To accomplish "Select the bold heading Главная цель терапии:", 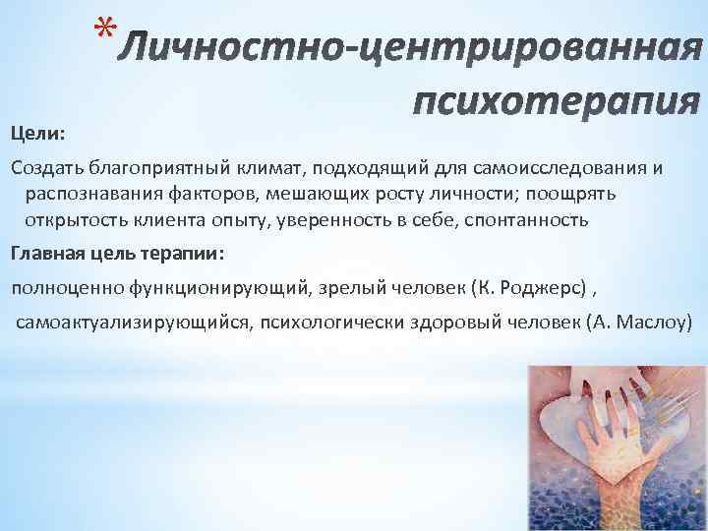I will coord(117,253).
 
